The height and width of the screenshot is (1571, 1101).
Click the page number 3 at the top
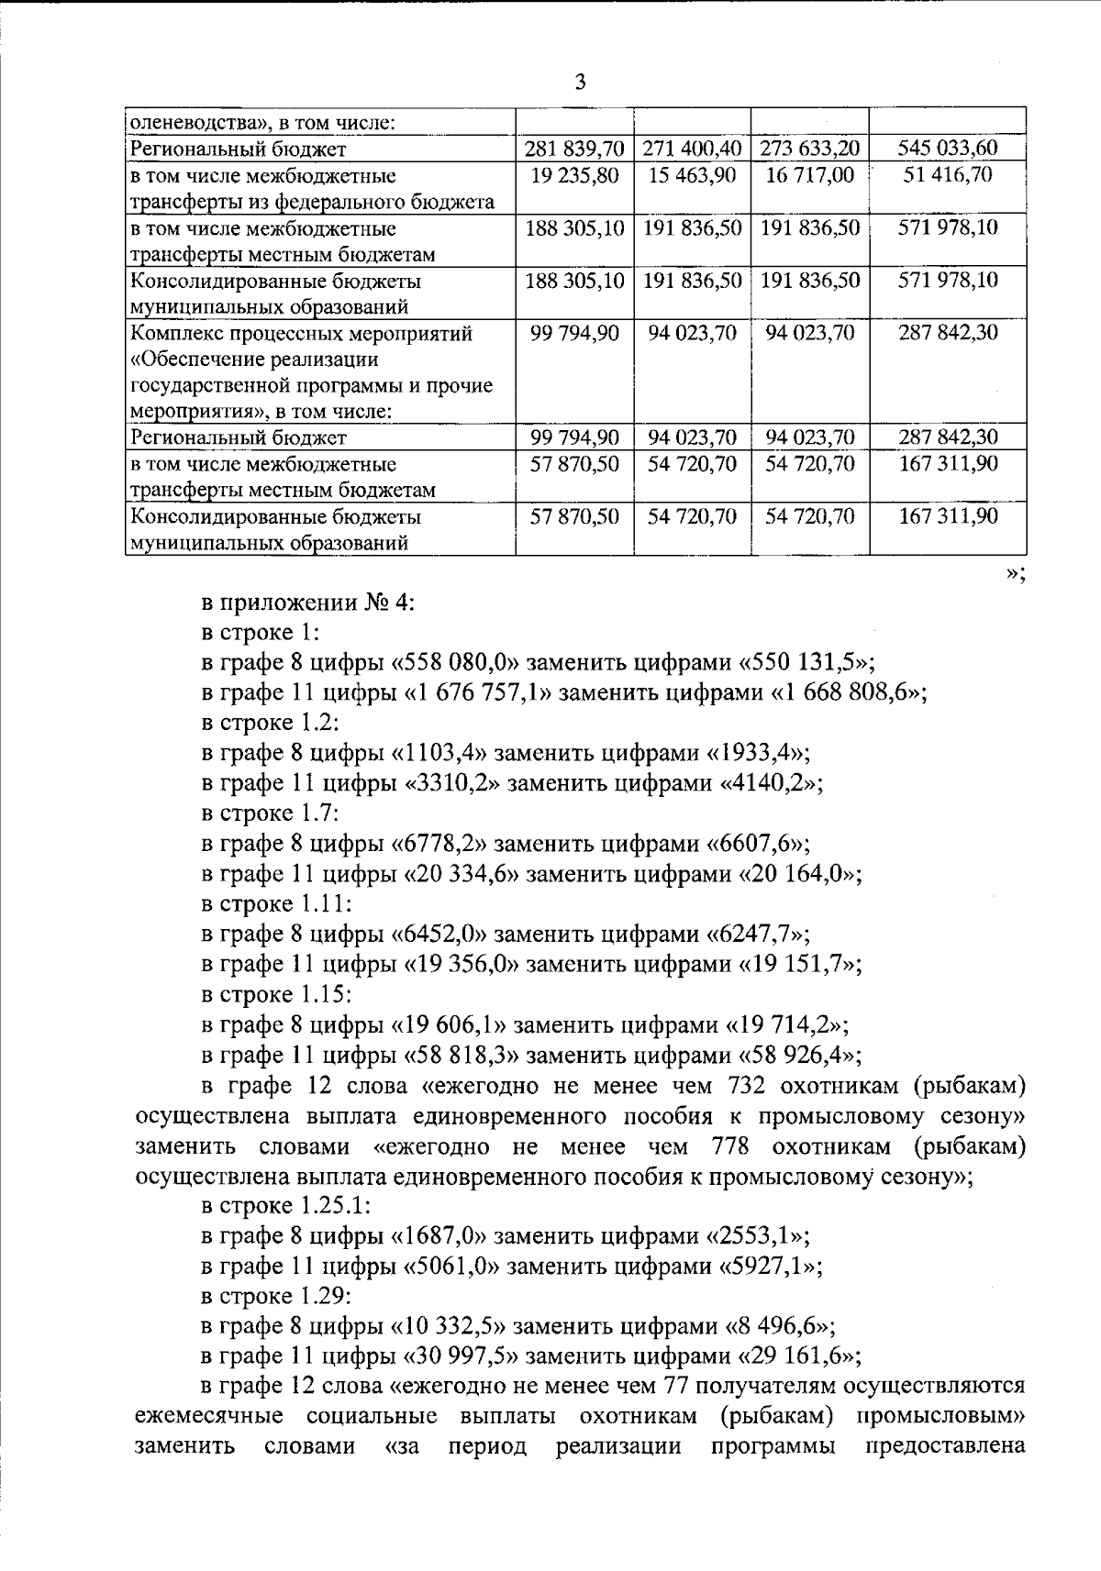[x=579, y=83]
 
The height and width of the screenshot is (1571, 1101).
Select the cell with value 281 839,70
[x=574, y=149]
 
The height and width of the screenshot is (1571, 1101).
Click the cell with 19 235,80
[x=574, y=175]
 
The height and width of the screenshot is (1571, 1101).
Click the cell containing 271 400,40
[x=692, y=149]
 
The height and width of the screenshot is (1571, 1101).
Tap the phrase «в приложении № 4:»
[x=308, y=603]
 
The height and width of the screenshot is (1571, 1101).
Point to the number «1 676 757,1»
[x=476, y=693]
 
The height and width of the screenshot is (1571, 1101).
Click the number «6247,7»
[x=757, y=935]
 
